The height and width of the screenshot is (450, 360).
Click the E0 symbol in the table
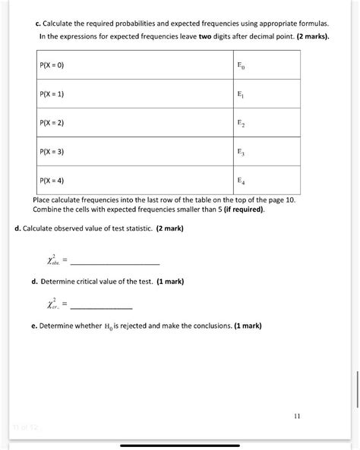[241, 66]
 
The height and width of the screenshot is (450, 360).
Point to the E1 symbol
[241, 95]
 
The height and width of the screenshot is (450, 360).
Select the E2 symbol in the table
[241, 123]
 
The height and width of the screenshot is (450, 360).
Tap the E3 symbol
[241, 152]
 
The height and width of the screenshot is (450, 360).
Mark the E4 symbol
[241, 181]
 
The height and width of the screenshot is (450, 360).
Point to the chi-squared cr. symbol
[51, 306]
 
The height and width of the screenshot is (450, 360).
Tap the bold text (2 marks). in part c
[307, 36]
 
